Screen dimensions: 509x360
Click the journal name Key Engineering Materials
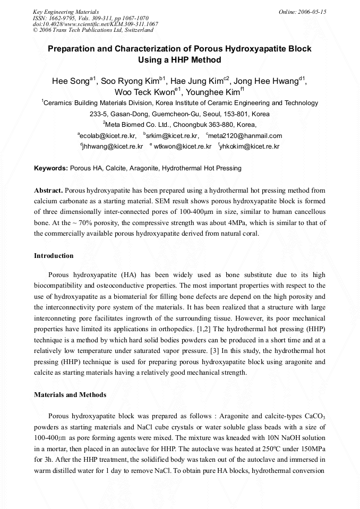66,11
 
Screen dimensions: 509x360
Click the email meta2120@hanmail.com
246,136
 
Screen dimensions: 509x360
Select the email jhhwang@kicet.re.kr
113,146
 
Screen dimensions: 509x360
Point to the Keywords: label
51,168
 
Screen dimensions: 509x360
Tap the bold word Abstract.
48,190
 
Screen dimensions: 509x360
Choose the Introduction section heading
54,256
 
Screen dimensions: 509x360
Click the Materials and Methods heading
70,394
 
